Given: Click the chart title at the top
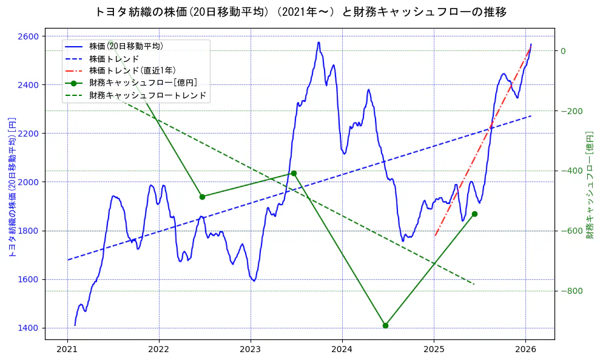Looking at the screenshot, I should tap(300, 12).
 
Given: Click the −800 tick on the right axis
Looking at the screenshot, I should tap(569, 291).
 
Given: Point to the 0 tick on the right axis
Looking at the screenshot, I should tap(563, 51).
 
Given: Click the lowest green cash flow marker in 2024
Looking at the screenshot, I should tap(385, 325).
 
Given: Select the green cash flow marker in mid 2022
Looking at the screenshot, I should tap(202, 197).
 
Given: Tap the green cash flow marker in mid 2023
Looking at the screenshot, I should tap(294, 173).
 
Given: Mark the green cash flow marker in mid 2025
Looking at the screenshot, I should tap(474, 214).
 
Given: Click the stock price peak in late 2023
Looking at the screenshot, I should tap(319, 42).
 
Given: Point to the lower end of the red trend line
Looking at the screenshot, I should tap(435, 236).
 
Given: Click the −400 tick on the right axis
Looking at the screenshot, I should tap(569, 171).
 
